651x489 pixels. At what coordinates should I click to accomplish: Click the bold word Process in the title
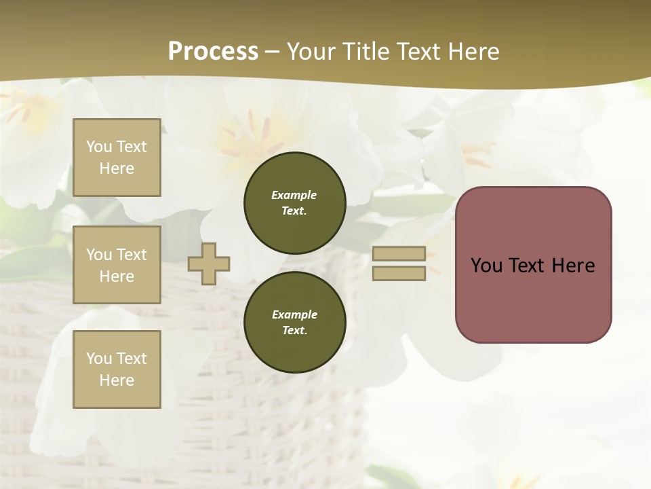[213, 52]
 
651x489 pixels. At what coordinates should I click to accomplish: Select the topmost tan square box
[117, 158]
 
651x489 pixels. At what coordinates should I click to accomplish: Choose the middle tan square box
[117, 265]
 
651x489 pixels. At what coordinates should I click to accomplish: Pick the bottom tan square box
[117, 369]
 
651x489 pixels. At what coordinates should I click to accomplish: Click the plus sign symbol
[209, 264]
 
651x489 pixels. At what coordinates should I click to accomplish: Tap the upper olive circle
[295, 203]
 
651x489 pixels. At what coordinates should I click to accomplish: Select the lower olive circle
[295, 323]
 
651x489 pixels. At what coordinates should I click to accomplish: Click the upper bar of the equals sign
[399, 254]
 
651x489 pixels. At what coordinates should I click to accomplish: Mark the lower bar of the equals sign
[399, 274]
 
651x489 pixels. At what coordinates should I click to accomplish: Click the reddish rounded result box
[534, 265]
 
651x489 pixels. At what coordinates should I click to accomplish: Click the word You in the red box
[486, 266]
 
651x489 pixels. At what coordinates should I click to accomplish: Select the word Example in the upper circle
[294, 195]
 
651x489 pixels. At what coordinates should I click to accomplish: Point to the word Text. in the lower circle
[294, 331]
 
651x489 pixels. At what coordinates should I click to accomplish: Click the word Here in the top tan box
[117, 168]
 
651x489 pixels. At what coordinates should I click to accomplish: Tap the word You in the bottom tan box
[99, 359]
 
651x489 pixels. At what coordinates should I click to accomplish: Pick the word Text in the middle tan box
[131, 255]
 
